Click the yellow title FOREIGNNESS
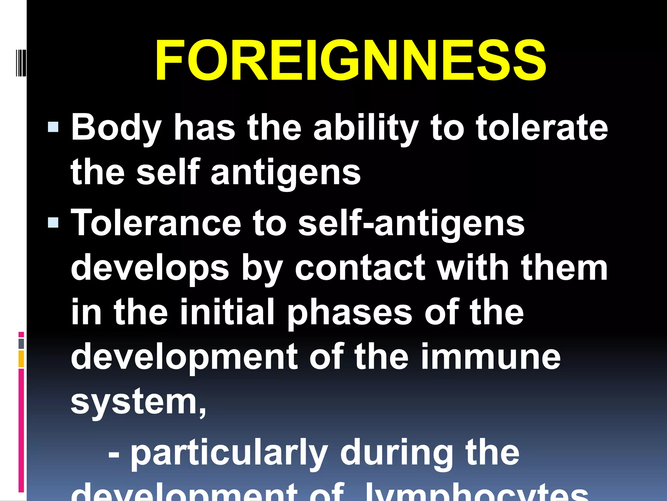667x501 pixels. pos(350,60)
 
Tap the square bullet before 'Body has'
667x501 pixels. pos(53,127)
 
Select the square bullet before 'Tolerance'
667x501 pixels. pos(53,222)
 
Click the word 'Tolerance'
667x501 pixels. pos(156,223)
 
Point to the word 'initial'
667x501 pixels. pos(227,312)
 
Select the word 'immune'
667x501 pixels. pos(490,357)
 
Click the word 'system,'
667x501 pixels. pos(138,402)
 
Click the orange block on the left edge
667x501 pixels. pos(21,359)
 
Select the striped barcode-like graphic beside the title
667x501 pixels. pos(21,63)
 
